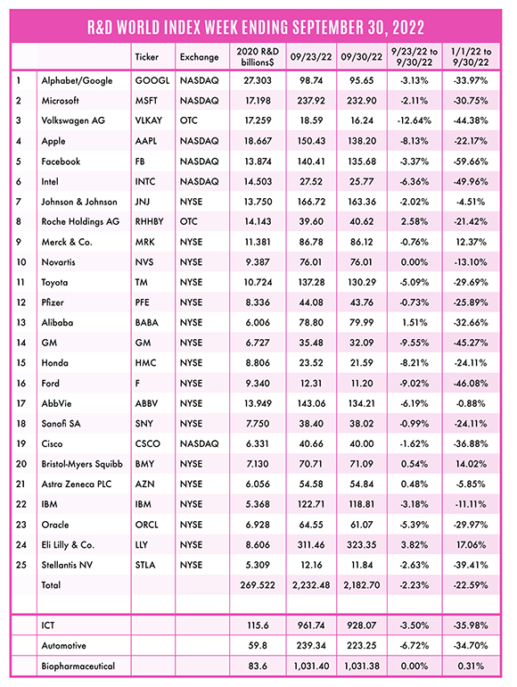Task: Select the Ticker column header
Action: [x=147, y=56]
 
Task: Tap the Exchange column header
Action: [x=199, y=56]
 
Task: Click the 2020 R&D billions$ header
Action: [x=258, y=56]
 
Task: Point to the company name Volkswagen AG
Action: [x=73, y=120]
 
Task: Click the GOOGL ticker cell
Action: [x=152, y=80]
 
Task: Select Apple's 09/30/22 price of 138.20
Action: [x=362, y=141]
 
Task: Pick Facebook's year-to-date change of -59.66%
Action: [x=471, y=161]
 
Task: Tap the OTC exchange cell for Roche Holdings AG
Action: [x=189, y=221]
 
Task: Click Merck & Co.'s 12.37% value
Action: [x=471, y=242]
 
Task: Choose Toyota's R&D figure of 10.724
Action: [x=258, y=282]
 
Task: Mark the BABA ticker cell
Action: [x=147, y=322]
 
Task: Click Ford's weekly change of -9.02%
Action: [x=414, y=383]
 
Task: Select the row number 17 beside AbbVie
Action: [x=21, y=403]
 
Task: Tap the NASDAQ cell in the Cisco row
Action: [x=199, y=443]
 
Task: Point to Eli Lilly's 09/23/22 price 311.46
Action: [x=311, y=544]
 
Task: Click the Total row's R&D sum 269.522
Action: [x=258, y=585]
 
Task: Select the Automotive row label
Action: [x=64, y=645]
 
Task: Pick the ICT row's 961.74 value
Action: [x=311, y=625]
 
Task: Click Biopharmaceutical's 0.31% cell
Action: [x=471, y=666]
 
